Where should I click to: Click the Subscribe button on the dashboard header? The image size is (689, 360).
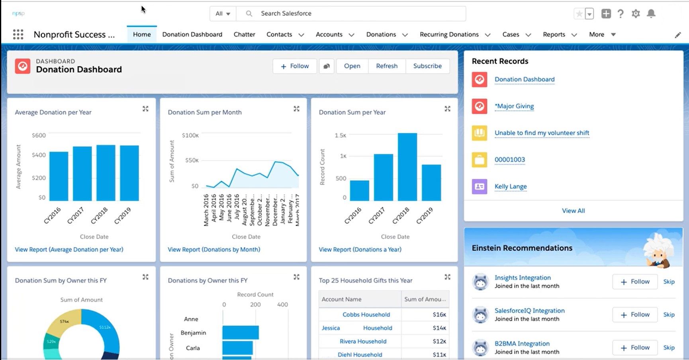427,66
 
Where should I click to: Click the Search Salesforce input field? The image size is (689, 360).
350,14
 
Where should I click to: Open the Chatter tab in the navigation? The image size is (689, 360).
244,35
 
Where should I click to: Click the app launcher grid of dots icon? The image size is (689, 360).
18,35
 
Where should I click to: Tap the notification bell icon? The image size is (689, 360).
651,14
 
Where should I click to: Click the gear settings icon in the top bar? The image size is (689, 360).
636,14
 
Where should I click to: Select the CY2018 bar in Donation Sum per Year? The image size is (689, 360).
407,167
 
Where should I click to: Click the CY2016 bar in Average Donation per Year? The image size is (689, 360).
59,176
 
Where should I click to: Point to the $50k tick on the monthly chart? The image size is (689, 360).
192,160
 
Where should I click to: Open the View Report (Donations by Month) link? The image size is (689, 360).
214,250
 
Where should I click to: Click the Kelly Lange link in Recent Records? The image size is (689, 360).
511,186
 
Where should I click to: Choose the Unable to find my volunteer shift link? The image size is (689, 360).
542,133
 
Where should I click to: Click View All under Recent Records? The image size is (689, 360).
573,211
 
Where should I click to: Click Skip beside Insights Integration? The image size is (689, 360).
669,282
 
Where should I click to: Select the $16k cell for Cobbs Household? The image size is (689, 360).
439,315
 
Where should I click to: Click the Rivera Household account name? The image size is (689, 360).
363,341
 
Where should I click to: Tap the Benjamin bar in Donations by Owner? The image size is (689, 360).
241,333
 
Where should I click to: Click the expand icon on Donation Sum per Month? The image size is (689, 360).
296,109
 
